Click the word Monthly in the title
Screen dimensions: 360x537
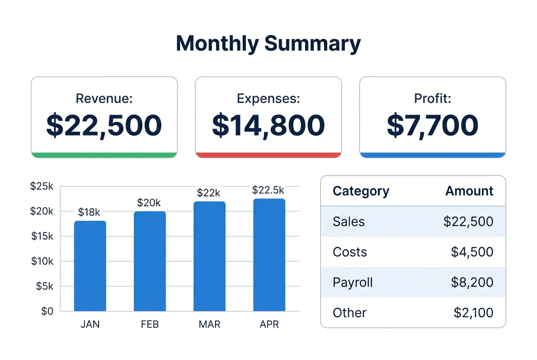tap(217, 44)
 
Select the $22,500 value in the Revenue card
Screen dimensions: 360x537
tap(104, 125)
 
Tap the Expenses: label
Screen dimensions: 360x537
tap(268, 98)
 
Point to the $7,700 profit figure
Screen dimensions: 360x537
tap(432, 125)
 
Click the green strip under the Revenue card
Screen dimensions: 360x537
tap(104, 155)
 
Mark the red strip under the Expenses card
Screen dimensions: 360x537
tap(268, 155)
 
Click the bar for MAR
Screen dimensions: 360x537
tap(209, 256)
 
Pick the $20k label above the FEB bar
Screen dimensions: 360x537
tap(149, 203)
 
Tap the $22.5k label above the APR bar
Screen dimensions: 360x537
tap(268, 190)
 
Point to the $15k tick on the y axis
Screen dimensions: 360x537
tap(42, 236)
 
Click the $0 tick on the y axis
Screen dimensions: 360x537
tap(47, 311)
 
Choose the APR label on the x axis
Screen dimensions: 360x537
tap(269, 325)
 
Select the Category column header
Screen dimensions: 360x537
tap(361, 191)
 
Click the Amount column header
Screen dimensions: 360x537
tap(469, 191)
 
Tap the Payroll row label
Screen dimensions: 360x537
tap(353, 282)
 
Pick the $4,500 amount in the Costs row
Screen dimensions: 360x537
tap(472, 252)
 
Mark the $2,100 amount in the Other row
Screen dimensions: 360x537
tap(473, 313)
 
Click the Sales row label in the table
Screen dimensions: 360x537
tap(349, 221)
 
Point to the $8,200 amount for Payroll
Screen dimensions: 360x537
tap(472, 282)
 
